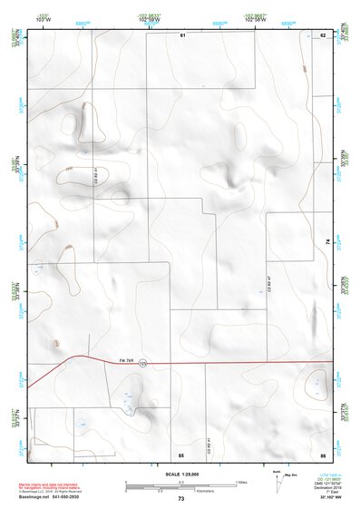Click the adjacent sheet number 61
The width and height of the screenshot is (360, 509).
point(182,34)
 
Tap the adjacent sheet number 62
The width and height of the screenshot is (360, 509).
point(323,34)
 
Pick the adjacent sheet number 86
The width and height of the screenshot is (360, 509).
point(323,454)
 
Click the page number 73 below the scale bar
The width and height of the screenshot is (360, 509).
point(180,499)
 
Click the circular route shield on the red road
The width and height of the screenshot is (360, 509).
point(142,365)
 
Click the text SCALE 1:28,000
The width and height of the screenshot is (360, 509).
point(180,475)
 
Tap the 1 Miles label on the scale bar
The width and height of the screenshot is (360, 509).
point(242,481)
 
